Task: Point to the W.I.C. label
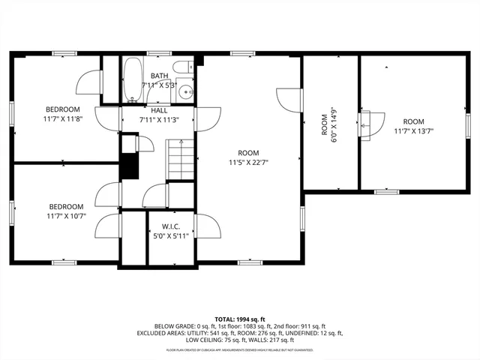159,226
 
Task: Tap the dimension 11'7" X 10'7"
67,215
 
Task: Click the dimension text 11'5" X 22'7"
249,160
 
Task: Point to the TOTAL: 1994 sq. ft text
239,319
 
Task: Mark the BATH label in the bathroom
159,76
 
